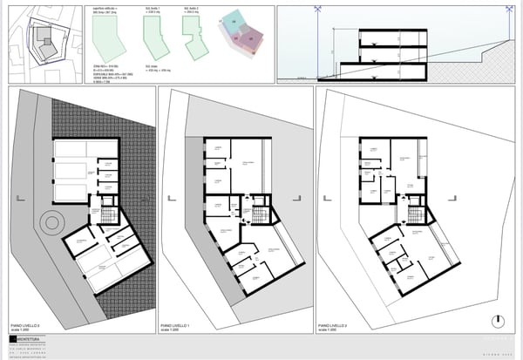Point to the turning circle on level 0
pos(52,222)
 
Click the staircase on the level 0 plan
pos(108,213)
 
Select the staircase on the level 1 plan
pos(261,214)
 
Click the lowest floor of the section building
pos(384,70)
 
